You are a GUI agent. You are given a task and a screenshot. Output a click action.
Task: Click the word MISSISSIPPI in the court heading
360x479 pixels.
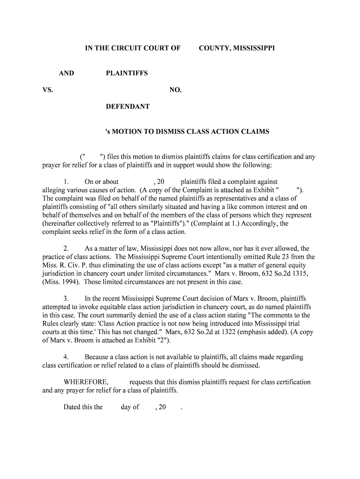click(x=252, y=48)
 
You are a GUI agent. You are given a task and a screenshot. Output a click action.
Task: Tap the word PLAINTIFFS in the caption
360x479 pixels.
click(x=127, y=73)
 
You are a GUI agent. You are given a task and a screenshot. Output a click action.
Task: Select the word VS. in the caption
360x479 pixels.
click(x=48, y=90)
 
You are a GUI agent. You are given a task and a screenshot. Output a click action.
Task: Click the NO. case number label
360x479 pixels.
click(x=175, y=90)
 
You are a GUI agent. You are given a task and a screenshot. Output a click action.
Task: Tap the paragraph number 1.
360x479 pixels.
click(x=66, y=181)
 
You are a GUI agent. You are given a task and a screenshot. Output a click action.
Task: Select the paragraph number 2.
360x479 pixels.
click(x=66, y=248)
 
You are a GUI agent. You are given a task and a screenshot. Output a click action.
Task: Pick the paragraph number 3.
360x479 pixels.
click(x=66, y=298)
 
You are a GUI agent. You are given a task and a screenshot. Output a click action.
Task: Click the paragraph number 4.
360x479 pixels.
click(x=66, y=357)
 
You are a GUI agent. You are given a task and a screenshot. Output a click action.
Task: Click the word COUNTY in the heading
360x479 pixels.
click(x=213, y=48)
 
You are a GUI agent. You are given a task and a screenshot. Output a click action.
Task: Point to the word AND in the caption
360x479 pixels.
click(x=66, y=73)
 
